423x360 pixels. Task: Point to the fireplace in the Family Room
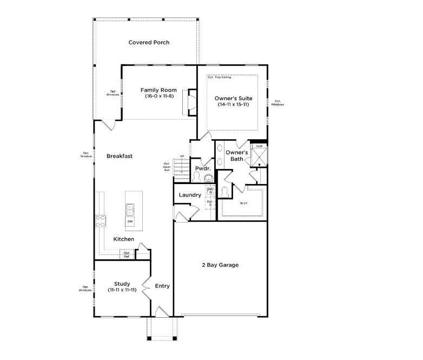click(x=190, y=102)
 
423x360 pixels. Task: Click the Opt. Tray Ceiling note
click(x=220, y=77)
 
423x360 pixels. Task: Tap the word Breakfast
click(x=120, y=156)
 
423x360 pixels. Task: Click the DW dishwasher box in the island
click(x=130, y=221)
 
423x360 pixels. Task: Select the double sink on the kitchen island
click(x=130, y=207)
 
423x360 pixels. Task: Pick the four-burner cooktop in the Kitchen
click(x=100, y=220)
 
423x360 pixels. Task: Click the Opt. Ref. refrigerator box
click(x=127, y=254)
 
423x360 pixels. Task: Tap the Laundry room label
click(x=190, y=195)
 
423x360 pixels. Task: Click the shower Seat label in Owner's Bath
click(x=259, y=146)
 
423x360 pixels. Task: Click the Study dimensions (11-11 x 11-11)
click(x=123, y=290)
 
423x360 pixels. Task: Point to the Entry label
click(x=162, y=286)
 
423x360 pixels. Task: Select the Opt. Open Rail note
click(x=167, y=166)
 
